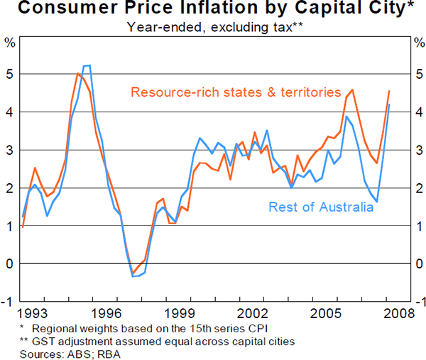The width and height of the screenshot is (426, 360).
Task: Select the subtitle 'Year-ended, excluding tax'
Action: click(x=206, y=27)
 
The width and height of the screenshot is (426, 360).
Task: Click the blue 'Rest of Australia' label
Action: click(x=321, y=207)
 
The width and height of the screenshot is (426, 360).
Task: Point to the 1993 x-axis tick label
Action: click(x=33, y=314)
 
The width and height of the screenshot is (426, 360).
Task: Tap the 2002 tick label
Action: click(x=253, y=314)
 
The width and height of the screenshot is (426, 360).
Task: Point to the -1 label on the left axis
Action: click(x=9, y=302)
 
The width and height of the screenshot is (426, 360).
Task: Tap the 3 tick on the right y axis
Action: click(x=417, y=151)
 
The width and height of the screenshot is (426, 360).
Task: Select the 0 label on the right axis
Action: click(x=417, y=264)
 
